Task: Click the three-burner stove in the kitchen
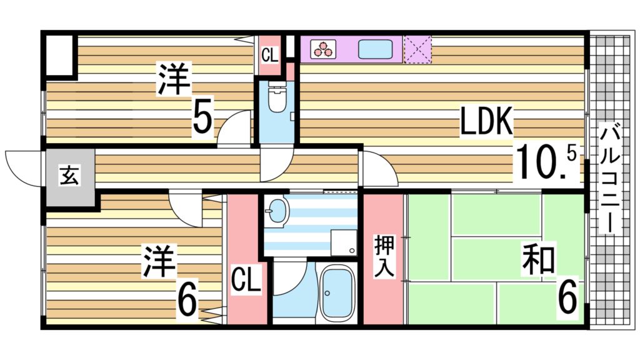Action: pos(323,49)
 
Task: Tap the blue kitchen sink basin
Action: pos(375,49)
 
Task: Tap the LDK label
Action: pos(486,122)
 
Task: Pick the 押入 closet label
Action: pos(382,255)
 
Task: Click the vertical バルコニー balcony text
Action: pos(611,178)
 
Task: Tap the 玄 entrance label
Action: pos(69,176)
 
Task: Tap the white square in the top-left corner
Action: pos(58,56)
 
